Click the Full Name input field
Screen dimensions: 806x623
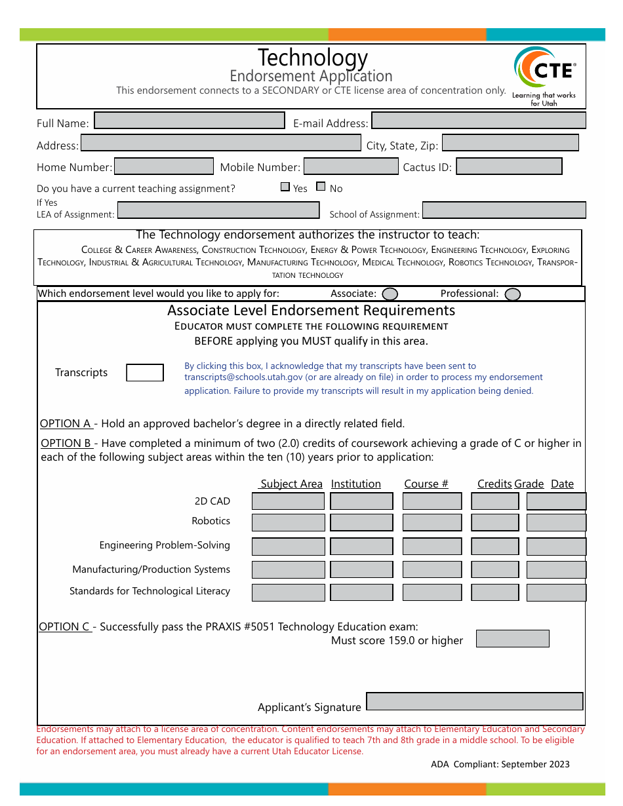(x=190, y=121)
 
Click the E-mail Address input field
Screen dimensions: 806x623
(x=478, y=121)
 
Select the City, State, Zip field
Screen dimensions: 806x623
(x=511, y=144)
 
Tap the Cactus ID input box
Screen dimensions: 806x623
(x=509, y=166)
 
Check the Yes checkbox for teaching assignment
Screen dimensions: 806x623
(x=285, y=187)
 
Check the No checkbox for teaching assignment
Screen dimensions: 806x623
(x=321, y=187)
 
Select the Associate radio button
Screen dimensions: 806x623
(x=390, y=294)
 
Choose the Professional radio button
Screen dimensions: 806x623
(x=513, y=294)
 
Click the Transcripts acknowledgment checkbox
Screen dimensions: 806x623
(x=145, y=373)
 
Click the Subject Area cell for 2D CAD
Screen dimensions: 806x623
(x=288, y=502)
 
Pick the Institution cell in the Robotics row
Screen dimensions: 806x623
(x=361, y=522)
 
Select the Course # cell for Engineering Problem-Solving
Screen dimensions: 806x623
(x=432, y=547)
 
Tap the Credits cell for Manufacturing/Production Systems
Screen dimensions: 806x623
(x=494, y=569)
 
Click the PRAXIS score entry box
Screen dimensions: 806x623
(x=512, y=639)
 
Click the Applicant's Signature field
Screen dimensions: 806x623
(x=474, y=702)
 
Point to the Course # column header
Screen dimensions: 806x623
(x=426, y=484)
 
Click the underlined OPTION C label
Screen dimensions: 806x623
(x=64, y=627)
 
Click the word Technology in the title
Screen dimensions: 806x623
(x=313, y=58)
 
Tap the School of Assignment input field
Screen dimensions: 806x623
(x=504, y=210)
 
